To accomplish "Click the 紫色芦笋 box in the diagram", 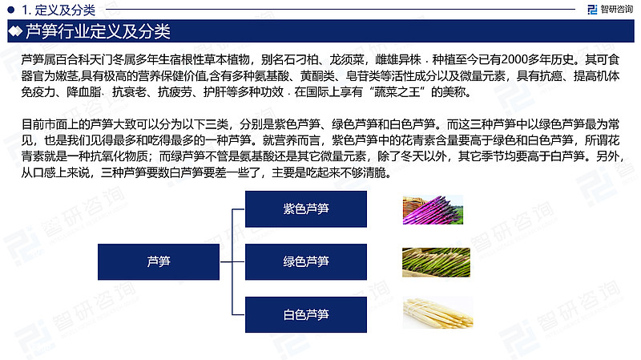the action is point(306,209).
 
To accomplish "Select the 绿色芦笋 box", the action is point(306,262).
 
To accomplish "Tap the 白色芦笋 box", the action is point(306,314).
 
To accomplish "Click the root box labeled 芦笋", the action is point(159,262).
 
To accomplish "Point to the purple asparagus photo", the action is point(433,210).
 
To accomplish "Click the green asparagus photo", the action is point(436,262).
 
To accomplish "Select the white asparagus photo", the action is point(437,313).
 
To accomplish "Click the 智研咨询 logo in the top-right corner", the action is point(610,10).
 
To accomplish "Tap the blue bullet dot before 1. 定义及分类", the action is point(11,10).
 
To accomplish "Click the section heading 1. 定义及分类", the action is point(58,10).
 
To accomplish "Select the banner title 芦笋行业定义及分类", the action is point(98,31).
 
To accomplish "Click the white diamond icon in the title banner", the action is point(15,31).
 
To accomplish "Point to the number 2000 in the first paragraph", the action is point(514,59).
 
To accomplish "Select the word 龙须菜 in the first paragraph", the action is point(347,59).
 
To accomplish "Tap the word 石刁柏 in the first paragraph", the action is point(301,59).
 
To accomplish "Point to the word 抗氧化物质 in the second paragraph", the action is point(119,156).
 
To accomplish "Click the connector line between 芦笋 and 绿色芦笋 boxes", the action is point(232,262).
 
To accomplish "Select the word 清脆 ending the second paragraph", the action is point(374,172).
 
